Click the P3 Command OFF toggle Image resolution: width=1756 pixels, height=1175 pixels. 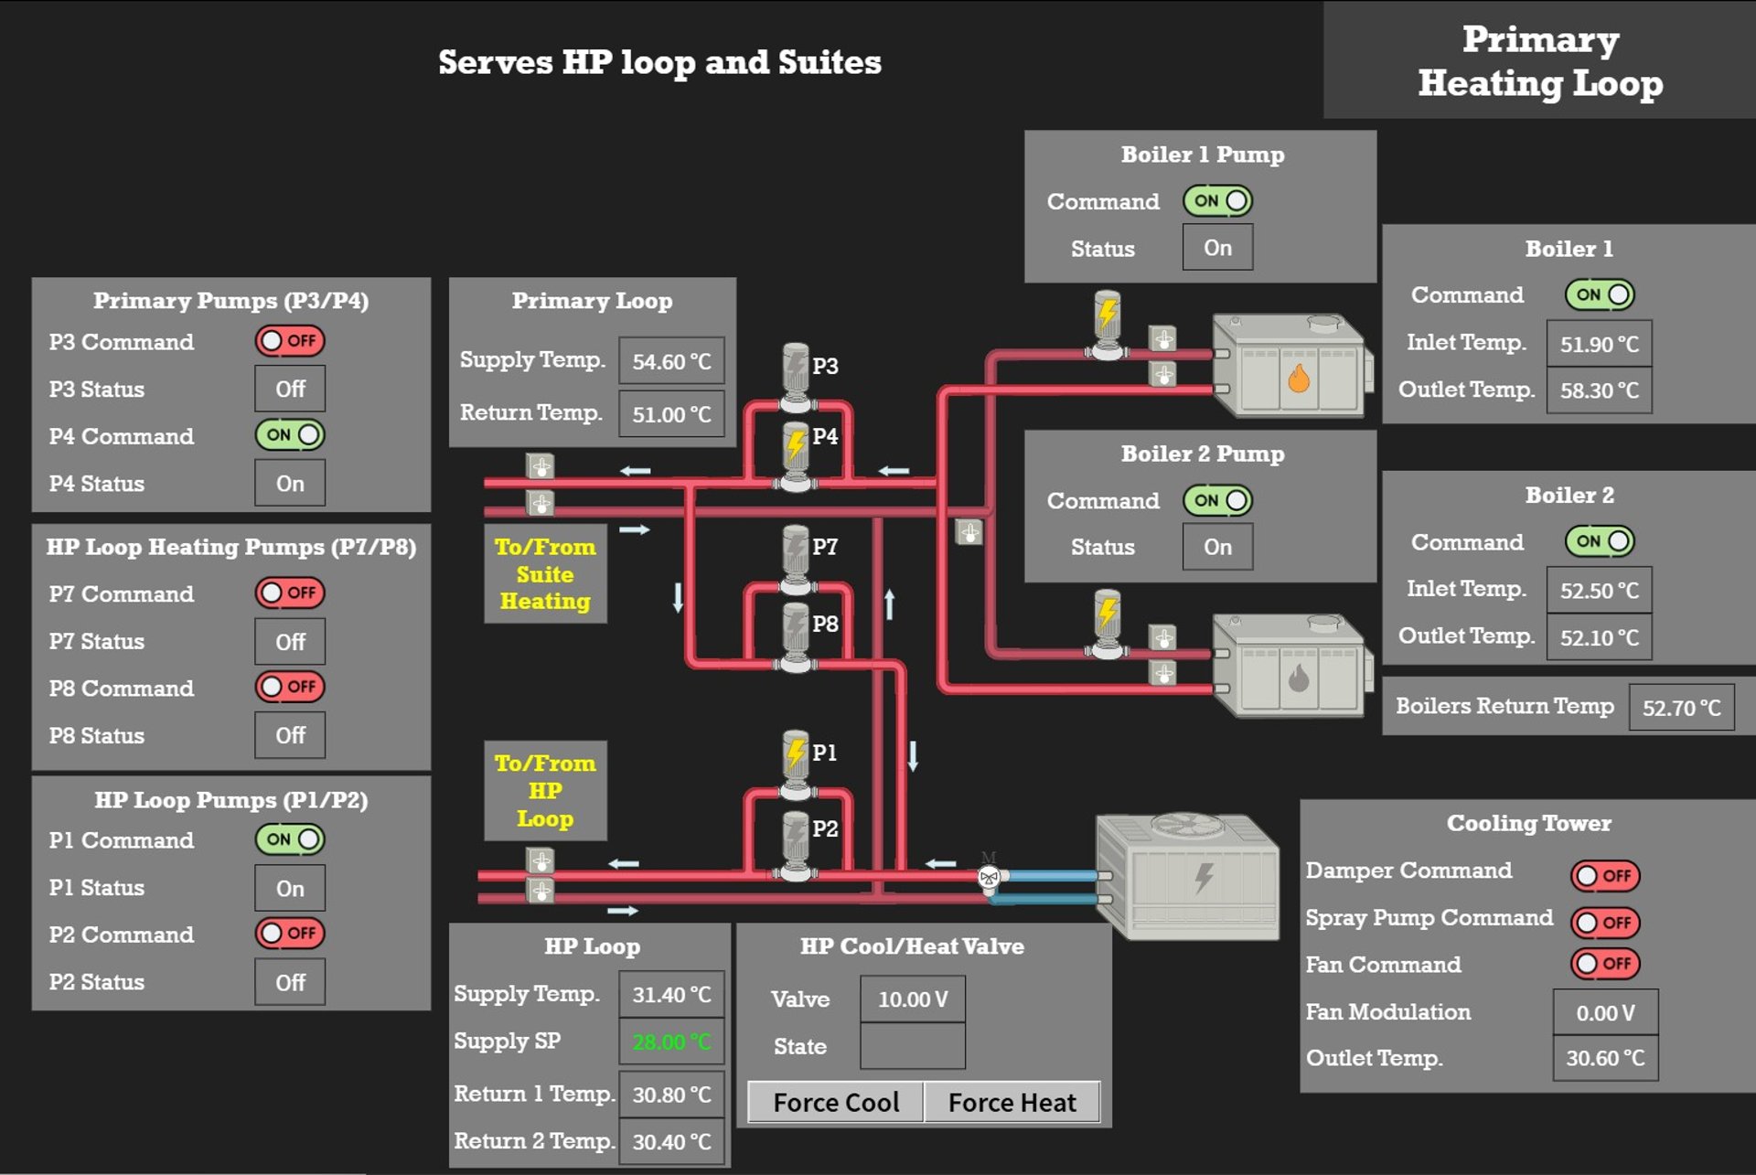[x=290, y=341]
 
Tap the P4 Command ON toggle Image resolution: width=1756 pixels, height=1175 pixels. [x=290, y=434]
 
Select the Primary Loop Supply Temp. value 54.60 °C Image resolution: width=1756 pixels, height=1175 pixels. [x=671, y=361]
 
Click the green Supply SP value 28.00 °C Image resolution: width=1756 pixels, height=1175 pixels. [x=671, y=1041]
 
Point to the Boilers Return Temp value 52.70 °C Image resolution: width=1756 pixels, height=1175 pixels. [x=1681, y=708]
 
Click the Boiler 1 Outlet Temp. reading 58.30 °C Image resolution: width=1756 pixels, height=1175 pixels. [x=1599, y=390]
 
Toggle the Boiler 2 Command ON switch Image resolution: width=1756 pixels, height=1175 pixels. [x=1599, y=541]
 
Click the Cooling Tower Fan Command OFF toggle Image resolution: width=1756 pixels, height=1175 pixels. [x=1605, y=964]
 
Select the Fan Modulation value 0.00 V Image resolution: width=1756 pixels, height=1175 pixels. [x=1605, y=1012]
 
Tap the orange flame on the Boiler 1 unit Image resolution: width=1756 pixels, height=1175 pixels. [x=1298, y=377]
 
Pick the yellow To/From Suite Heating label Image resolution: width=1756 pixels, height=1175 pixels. [x=545, y=574]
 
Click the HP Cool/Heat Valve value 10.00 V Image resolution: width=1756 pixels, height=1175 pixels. [x=912, y=999]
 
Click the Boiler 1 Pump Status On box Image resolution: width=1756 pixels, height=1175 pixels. [x=1217, y=248]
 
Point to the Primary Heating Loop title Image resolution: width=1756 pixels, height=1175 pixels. [x=1540, y=60]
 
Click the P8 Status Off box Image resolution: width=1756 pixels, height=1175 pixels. [x=290, y=735]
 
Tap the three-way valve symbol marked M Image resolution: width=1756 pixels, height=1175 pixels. [x=989, y=877]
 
